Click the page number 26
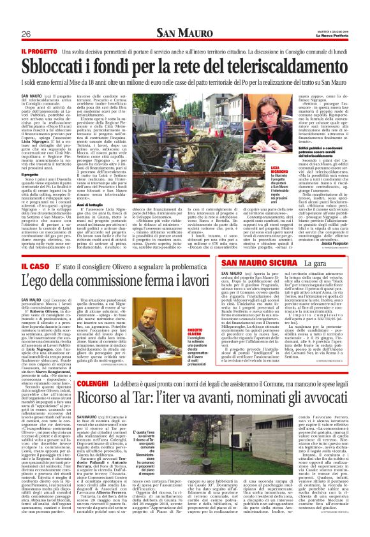point(26,34)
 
